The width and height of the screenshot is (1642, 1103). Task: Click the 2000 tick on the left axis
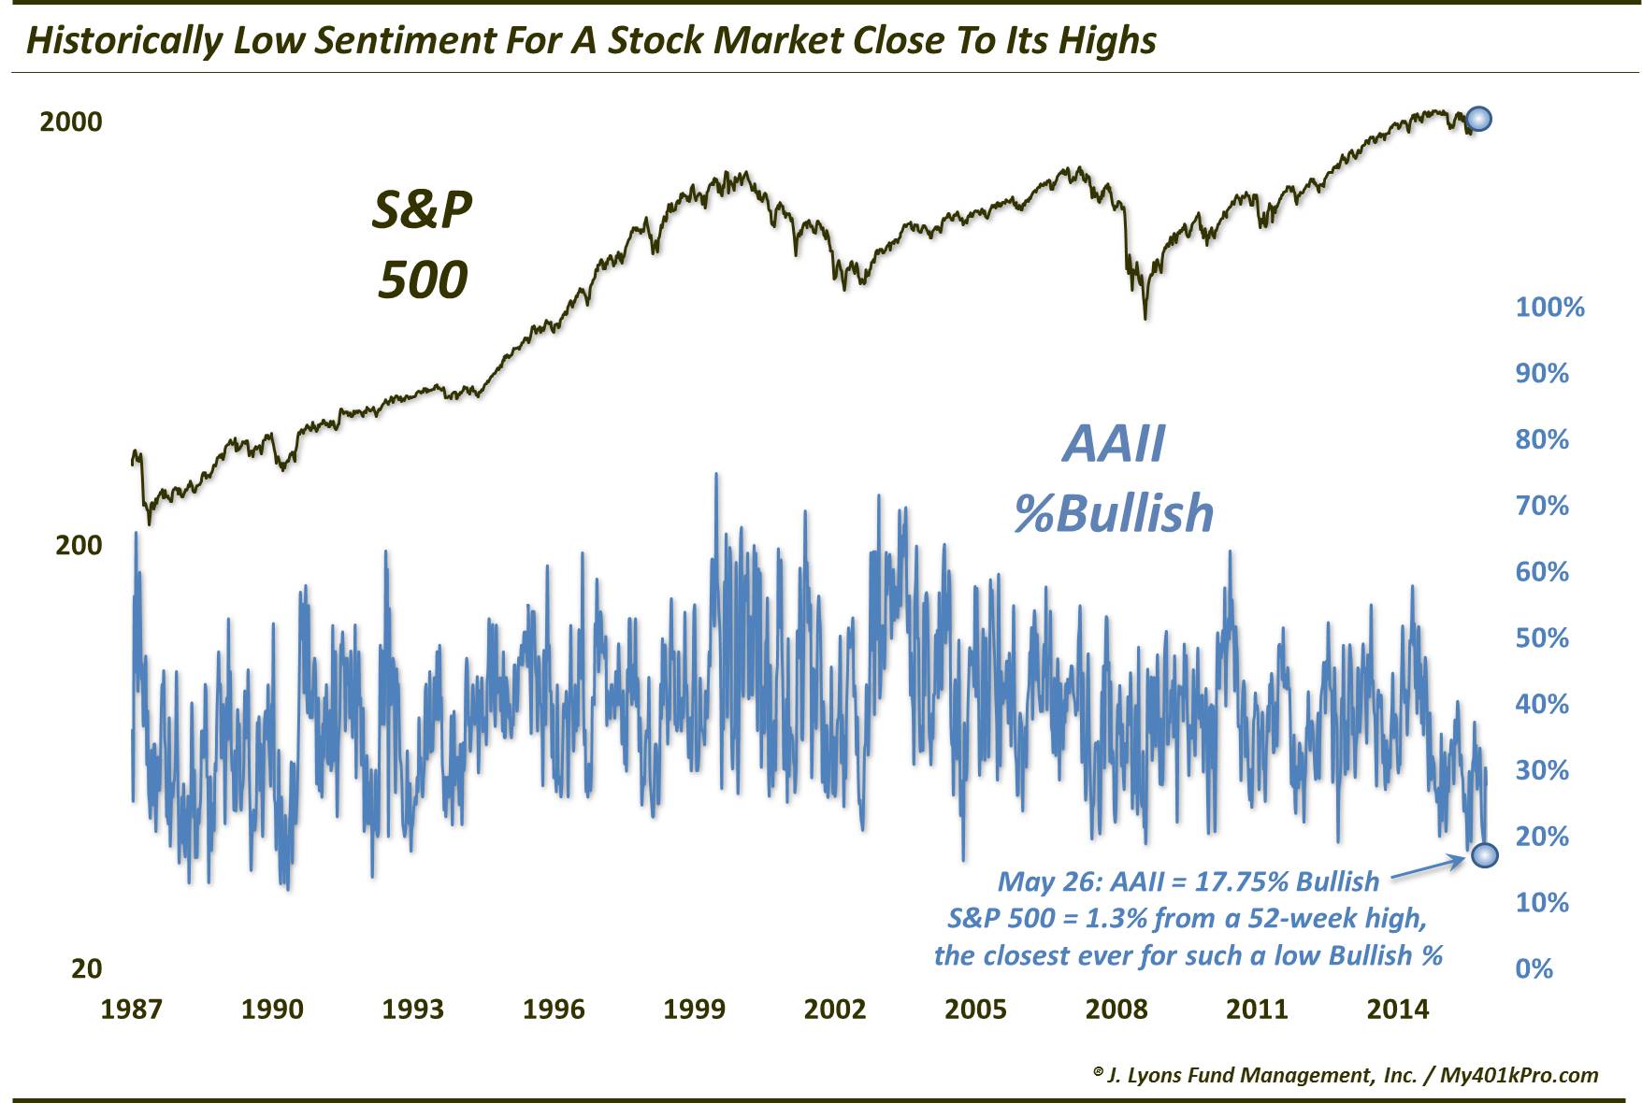click(x=70, y=122)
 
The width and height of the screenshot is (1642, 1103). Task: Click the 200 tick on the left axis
click(x=79, y=545)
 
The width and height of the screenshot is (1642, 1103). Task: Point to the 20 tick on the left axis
click(x=86, y=968)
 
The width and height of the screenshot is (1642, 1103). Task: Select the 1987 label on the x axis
click(x=131, y=1010)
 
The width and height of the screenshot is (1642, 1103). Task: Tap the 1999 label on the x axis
click(x=694, y=1010)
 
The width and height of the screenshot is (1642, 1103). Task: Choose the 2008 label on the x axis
click(x=1116, y=1010)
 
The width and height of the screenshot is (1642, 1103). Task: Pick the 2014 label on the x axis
click(x=1397, y=1010)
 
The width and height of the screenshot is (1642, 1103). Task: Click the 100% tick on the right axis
click(x=1549, y=308)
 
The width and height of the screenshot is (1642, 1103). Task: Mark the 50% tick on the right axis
click(x=1542, y=638)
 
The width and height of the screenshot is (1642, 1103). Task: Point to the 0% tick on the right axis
click(x=1534, y=968)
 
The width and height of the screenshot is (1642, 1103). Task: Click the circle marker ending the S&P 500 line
click(x=1478, y=119)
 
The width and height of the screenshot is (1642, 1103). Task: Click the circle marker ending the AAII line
click(x=1485, y=854)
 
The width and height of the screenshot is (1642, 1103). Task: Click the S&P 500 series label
click(x=422, y=245)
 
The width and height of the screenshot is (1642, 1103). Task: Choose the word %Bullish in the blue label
click(x=1114, y=513)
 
